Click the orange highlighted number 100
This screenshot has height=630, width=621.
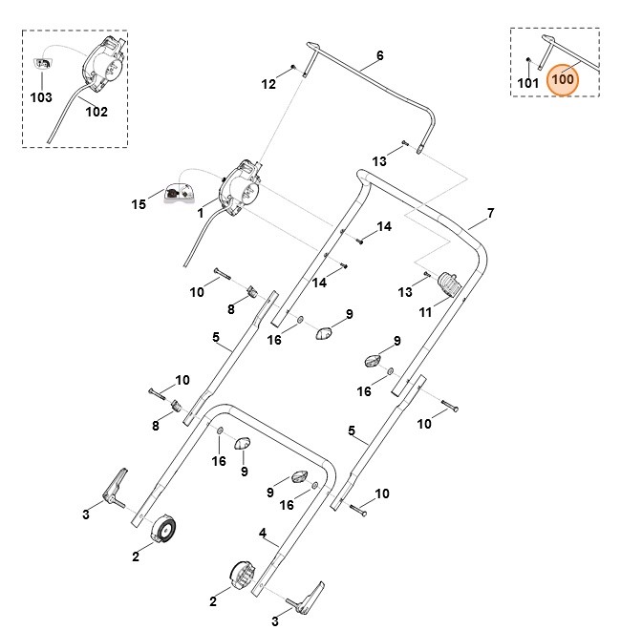click(x=564, y=79)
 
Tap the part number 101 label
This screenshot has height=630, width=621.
click(x=527, y=84)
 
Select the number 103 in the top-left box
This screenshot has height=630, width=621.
click(x=40, y=97)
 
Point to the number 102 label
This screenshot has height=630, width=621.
click(x=96, y=111)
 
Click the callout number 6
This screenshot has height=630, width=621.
click(x=379, y=55)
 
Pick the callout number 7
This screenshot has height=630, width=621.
click(x=490, y=212)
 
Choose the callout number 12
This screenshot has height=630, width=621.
click(x=268, y=84)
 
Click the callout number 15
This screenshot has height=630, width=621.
click(x=139, y=203)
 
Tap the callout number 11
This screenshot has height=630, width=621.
click(x=426, y=310)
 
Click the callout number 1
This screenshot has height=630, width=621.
click(x=202, y=214)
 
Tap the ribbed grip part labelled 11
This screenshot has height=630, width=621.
click(x=448, y=284)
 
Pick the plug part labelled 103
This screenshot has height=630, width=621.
click(x=44, y=63)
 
